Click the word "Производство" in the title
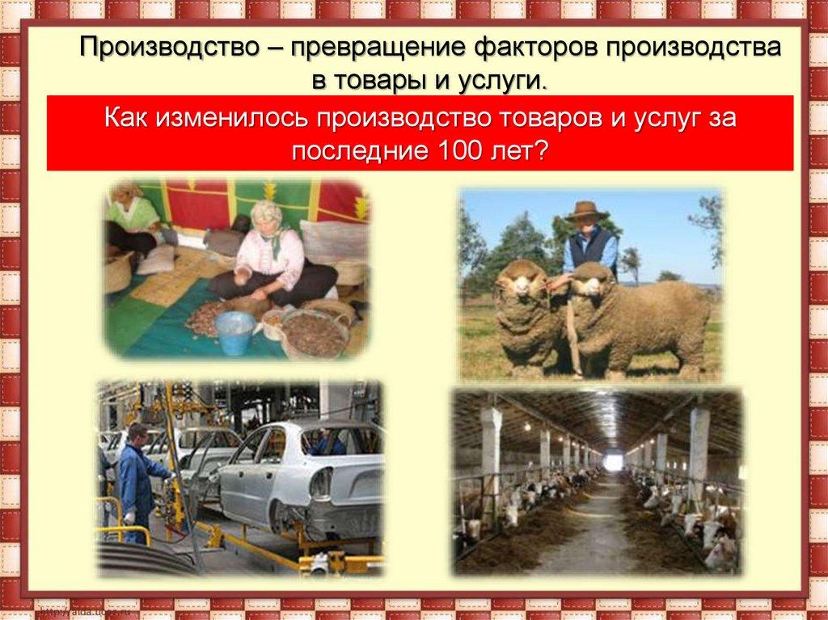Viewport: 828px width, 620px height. [170, 47]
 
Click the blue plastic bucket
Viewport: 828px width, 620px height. [235, 331]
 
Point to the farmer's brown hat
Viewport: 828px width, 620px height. [586, 211]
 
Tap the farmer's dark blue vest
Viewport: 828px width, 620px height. [593, 248]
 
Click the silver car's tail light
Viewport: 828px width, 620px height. [320, 483]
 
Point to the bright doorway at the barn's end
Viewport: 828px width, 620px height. [613, 462]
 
